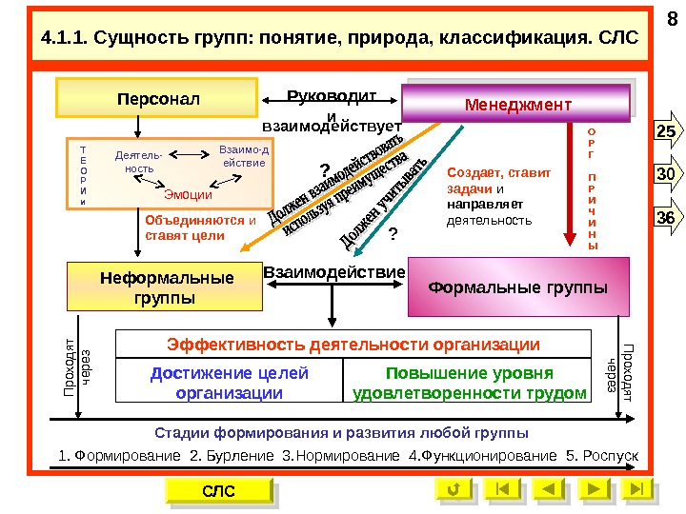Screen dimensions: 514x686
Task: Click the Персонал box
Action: point(153,98)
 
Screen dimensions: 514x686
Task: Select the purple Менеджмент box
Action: point(516,103)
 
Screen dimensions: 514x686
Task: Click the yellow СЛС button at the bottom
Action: point(218,490)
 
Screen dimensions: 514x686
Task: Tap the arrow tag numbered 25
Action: point(664,130)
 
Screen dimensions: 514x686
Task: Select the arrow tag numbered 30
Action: point(664,174)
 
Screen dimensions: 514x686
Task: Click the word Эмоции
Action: point(189,194)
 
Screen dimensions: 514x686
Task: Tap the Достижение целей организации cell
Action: point(230,383)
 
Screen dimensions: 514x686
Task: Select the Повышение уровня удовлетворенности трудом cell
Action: point(470,383)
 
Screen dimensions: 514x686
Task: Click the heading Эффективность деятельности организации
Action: point(353,344)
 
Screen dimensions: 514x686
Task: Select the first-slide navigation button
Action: point(502,489)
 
